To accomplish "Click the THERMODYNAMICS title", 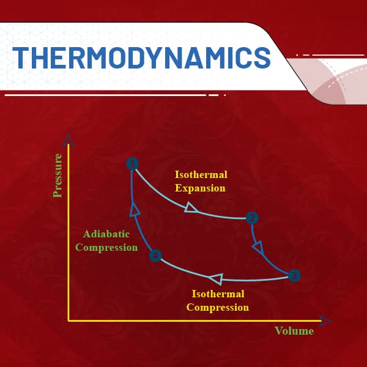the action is tap(142, 57).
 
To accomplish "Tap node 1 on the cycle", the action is tap(133, 164).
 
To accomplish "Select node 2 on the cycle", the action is tap(252, 218).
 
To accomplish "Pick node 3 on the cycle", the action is tap(294, 275).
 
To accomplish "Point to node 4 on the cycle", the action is tap(155, 256).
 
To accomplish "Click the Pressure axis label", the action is tap(57, 176).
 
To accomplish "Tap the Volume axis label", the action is tap(294, 331).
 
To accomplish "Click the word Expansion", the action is tap(200, 188).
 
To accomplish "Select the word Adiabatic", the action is tap(106, 234).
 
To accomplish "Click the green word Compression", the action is tap(106, 248).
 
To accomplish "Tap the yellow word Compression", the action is tap(218, 308).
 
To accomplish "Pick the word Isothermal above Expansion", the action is tap(201, 174).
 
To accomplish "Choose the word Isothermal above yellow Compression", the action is tap(218, 294).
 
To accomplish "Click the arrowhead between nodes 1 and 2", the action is tap(191, 208).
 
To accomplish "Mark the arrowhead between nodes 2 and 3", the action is tap(258, 248).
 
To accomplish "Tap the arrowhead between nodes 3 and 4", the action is tap(215, 278).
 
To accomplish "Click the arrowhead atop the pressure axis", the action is tap(68, 140).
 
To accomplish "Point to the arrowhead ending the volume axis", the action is tap(325, 321).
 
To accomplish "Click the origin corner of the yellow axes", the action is tap(69, 321).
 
